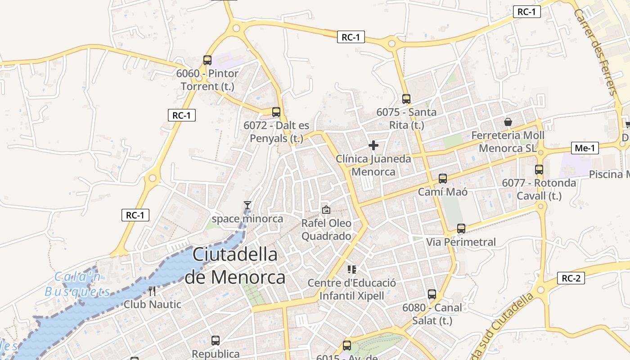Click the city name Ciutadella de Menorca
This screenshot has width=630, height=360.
[x=235, y=266]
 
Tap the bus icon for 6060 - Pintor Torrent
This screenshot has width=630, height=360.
[x=207, y=60]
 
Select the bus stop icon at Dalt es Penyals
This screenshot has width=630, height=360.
[x=276, y=112]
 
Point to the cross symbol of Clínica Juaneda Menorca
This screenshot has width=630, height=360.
[x=373, y=145]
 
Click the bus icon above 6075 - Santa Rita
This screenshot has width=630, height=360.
[x=406, y=99]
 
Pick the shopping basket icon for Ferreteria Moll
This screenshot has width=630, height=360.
[x=508, y=122]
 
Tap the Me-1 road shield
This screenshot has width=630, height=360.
[x=585, y=148]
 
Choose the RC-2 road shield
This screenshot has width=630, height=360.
[x=571, y=278]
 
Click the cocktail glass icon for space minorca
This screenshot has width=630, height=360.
[x=247, y=206]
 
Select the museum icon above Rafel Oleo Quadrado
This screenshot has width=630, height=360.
[x=326, y=210]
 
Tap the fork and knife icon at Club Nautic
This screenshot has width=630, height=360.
[x=152, y=291]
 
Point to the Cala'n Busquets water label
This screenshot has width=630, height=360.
[x=77, y=284]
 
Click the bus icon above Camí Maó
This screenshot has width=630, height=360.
[x=443, y=178]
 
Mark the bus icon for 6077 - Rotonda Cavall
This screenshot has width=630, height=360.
[x=539, y=170]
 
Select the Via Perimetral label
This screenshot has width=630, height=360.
[x=461, y=242]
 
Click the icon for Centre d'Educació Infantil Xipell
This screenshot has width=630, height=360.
[x=352, y=270]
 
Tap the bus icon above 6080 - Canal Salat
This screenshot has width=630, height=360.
[x=432, y=294]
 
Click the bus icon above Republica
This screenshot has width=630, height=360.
[x=216, y=341]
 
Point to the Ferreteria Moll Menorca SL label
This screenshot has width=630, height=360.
[x=508, y=142]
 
